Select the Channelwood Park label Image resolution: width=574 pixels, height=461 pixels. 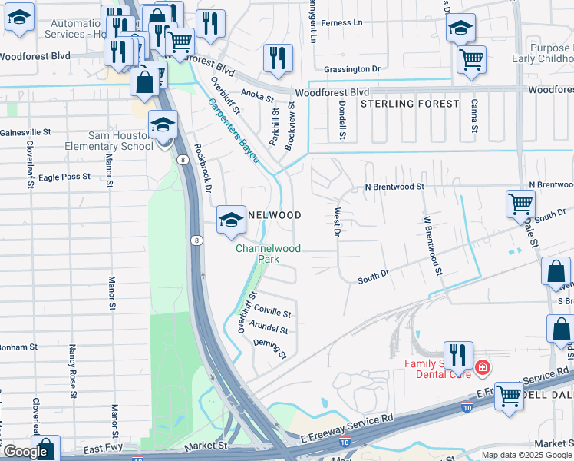268,254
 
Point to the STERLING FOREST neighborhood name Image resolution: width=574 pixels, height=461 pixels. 410,104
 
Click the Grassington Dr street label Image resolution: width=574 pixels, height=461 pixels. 352,69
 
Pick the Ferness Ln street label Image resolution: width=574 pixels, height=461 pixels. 341,23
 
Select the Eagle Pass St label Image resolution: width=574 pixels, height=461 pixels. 64,177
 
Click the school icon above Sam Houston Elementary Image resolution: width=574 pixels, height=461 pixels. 163,124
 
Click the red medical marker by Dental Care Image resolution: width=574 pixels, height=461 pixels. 482,368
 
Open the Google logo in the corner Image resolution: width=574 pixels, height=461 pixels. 25,452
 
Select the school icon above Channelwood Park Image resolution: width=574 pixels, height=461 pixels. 231,220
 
